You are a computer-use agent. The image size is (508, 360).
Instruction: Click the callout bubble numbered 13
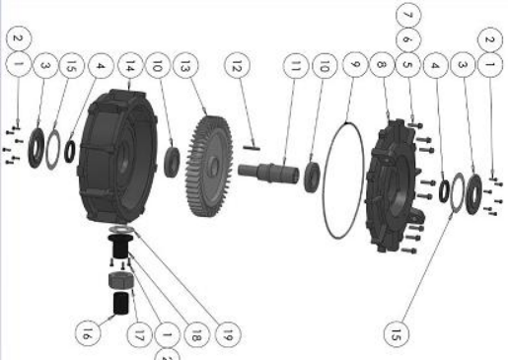coord(185,65)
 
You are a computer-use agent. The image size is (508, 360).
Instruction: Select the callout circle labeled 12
coord(237,65)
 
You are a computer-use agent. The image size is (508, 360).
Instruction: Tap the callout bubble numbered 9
coord(355,64)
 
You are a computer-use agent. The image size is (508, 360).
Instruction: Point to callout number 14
coord(130,65)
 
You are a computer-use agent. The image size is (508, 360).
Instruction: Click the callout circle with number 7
coord(408,15)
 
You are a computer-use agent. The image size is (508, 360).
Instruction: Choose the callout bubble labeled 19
coord(228,335)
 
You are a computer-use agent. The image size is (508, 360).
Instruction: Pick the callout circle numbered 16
coord(88,333)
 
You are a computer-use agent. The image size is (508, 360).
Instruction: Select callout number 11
coord(296,65)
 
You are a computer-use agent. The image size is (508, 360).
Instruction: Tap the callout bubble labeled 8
coord(382,64)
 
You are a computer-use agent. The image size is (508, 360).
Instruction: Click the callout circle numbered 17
coord(139,335)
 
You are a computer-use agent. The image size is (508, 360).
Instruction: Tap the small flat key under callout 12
coord(252,148)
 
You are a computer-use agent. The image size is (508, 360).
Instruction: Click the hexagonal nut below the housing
coord(120,280)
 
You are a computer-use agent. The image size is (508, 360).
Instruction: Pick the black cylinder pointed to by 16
coord(121,303)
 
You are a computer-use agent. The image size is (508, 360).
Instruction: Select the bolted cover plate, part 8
coord(395,186)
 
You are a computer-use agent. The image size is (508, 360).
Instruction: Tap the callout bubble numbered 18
coord(196,335)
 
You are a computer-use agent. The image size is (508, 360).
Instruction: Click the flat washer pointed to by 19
coord(122,229)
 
